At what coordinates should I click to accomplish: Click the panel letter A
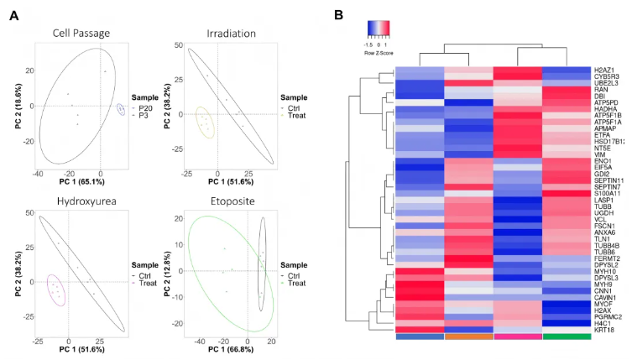[x=13, y=15]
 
